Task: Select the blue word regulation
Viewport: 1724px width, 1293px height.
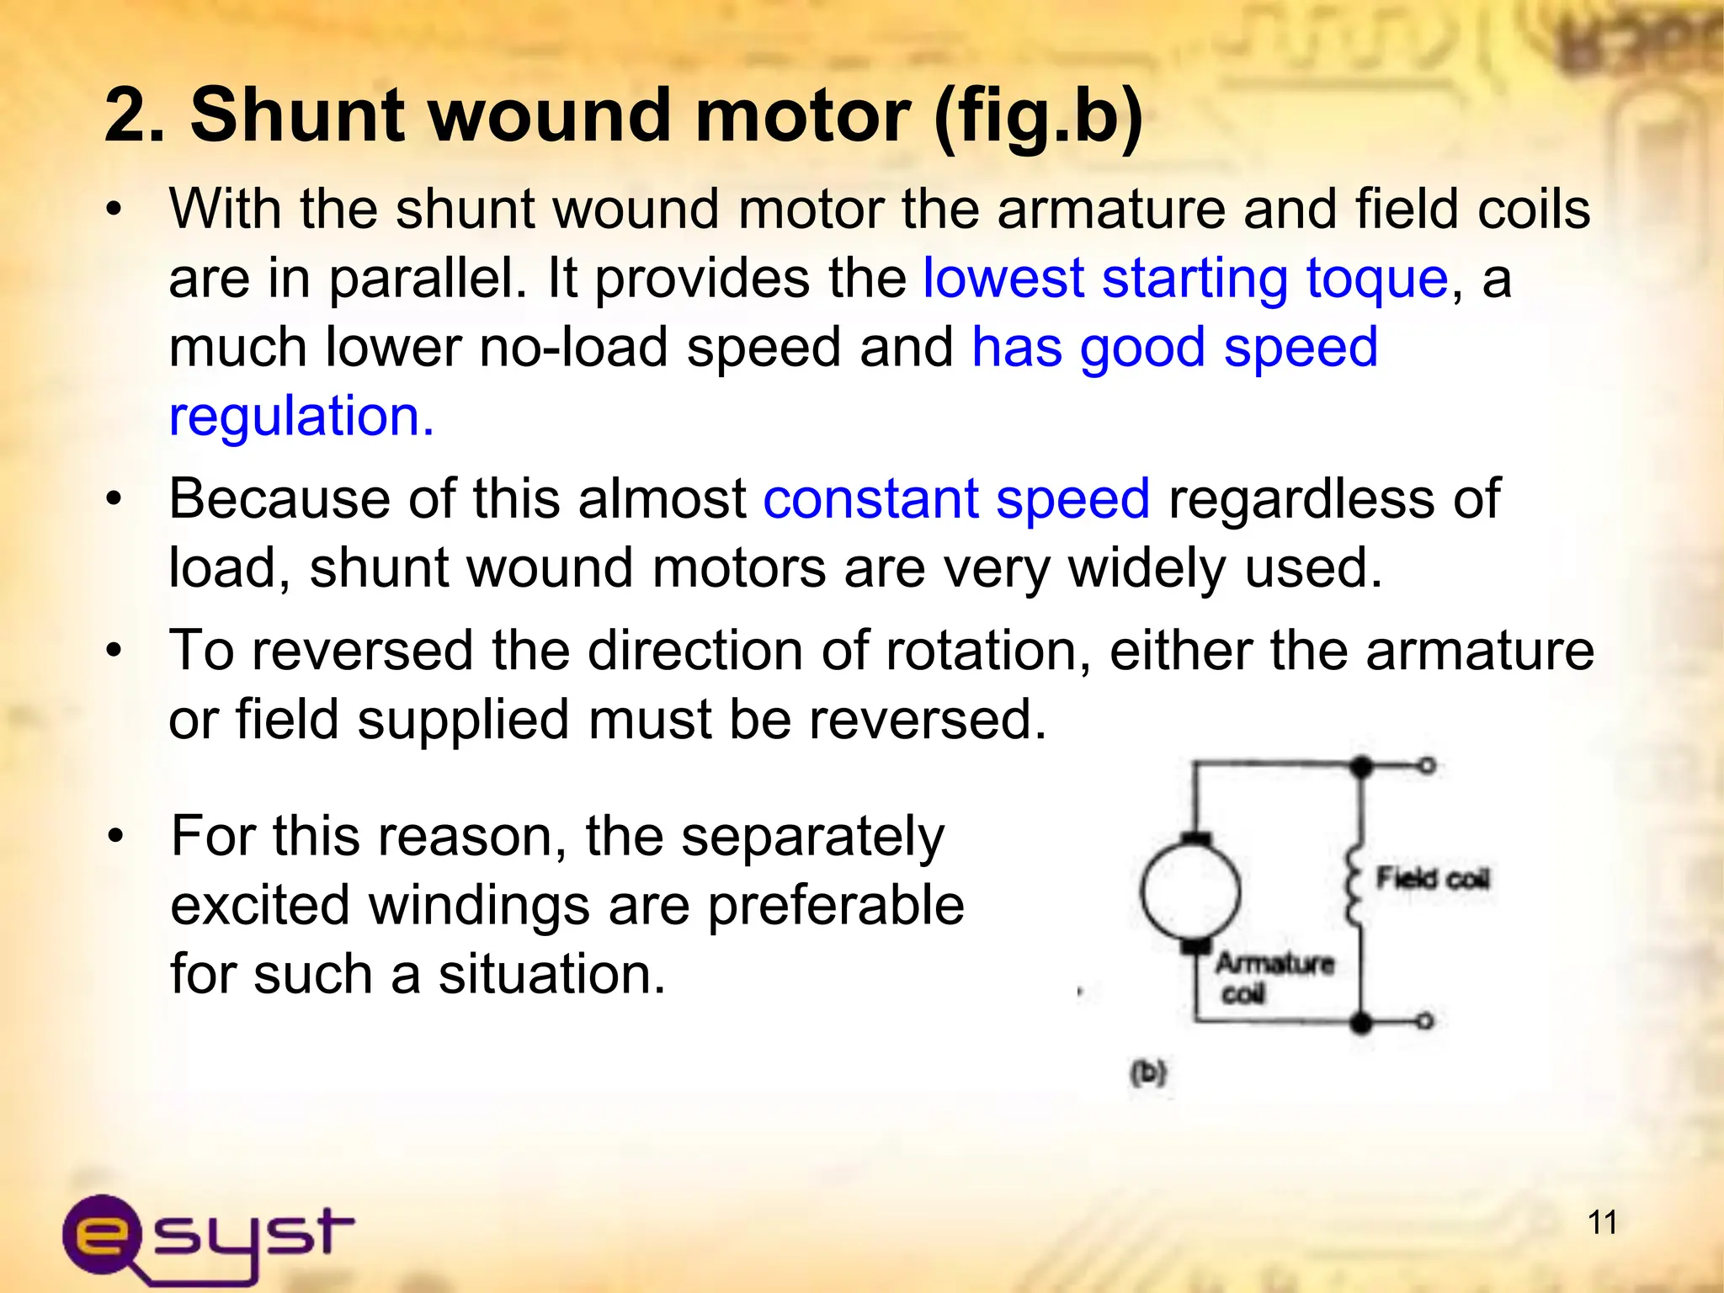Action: pos(301,416)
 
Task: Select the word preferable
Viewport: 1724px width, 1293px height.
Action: pos(835,907)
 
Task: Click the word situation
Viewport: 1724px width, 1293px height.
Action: pos(551,975)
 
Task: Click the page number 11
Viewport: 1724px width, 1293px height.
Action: pos(1602,1221)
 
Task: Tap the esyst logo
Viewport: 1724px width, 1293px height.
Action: pos(207,1236)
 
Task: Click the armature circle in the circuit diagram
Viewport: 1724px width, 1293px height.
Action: pos(1189,891)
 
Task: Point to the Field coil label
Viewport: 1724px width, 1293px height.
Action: pos(1432,879)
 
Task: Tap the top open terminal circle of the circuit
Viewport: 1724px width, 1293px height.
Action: pos(1427,766)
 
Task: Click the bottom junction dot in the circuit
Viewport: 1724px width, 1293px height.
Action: pos(1360,1023)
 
